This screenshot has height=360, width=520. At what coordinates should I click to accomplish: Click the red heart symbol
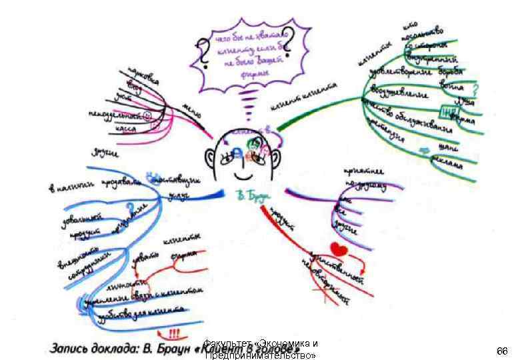(x=339, y=250)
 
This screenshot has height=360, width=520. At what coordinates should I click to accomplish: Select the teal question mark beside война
(x=475, y=89)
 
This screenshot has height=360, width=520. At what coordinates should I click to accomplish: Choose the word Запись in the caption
(x=73, y=348)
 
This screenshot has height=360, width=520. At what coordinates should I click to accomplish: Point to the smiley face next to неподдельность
(x=147, y=116)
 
